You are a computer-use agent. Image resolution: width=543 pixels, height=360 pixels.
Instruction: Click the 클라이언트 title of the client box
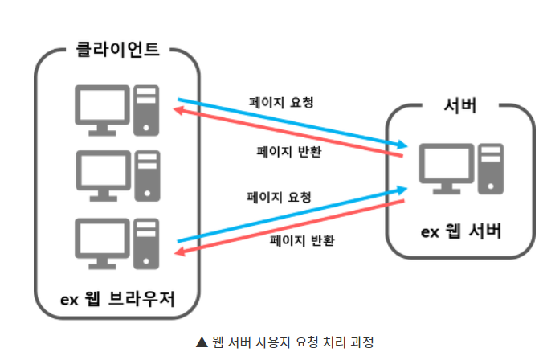tap(116, 49)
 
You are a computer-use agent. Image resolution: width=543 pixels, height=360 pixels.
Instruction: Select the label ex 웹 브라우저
tap(117, 299)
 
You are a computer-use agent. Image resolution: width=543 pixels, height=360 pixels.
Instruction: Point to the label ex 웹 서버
tap(462, 232)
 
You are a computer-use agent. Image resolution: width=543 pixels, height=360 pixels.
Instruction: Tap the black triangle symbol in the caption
tap(202, 342)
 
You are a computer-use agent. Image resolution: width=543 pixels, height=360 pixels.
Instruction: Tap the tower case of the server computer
tap(490, 170)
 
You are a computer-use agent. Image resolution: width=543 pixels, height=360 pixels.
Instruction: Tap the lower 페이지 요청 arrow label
tap(280, 197)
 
